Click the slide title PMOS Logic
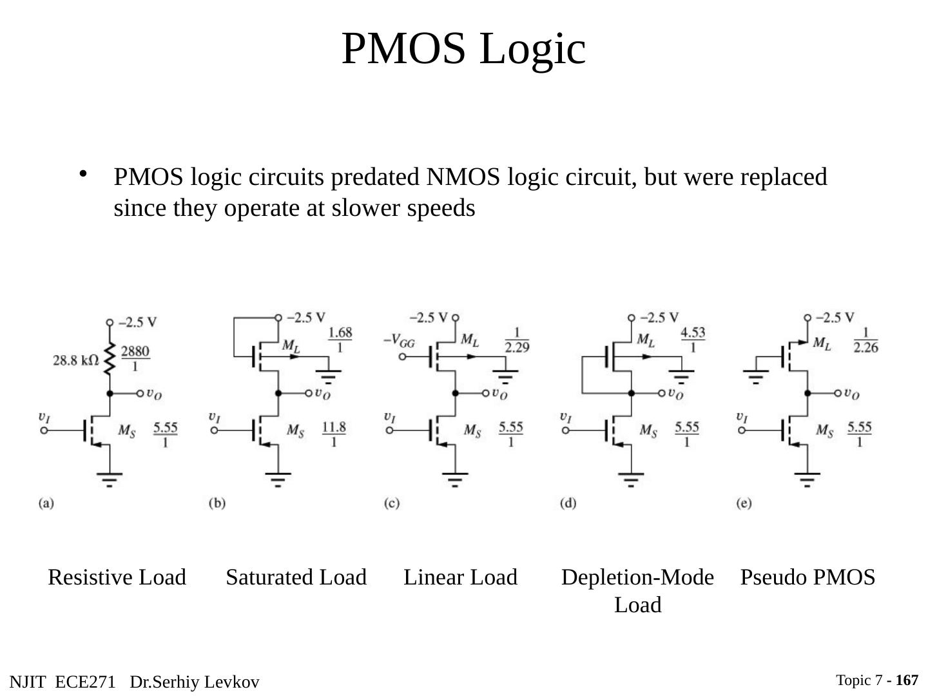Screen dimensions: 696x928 463,48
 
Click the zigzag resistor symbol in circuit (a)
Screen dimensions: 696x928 110,358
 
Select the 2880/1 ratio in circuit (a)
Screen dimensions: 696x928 135,358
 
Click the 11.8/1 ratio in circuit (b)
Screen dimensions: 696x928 333,434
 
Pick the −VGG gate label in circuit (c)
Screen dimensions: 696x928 399,342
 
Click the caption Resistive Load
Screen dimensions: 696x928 117,577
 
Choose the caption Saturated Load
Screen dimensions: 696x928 296,577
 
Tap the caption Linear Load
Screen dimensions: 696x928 460,577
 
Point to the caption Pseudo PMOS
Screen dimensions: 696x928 807,577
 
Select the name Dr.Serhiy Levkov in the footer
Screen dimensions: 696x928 194,682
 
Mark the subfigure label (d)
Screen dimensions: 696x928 568,503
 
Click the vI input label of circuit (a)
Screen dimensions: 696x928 44,418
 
